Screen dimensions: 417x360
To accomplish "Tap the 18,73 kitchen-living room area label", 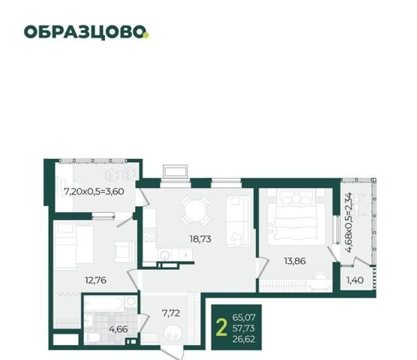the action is tap(200, 239).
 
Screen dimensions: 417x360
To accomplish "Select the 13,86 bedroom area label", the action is tap(295, 261).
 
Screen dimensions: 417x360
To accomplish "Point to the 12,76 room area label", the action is tap(95, 280).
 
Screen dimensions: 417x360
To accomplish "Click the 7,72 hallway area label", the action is tap(171, 313).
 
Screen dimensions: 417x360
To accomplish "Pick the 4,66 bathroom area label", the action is tap(118, 329).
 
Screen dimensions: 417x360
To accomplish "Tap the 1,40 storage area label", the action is tap(355, 280).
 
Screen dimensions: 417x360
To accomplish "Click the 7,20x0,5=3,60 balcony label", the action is tap(94, 191).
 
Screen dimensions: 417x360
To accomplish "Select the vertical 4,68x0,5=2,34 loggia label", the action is tap(348, 222).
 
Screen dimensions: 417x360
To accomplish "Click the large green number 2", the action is tap(221, 328).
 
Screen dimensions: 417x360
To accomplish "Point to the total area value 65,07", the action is tap(244, 317).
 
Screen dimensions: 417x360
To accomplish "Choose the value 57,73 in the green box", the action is tap(244, 328).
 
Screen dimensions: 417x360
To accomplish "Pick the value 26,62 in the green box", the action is tap(244, 339).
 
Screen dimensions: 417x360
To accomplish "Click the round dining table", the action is tap(195, 211).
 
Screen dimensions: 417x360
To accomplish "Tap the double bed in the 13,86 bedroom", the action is tap(296, 217).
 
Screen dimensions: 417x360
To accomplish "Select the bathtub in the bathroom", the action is tap(105, 303).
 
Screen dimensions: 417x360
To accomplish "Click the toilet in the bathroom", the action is tap(93, 337).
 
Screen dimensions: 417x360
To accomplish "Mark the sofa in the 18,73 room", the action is tap(238, 222).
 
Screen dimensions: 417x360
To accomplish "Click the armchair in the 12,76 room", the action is tap(125, 252).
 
